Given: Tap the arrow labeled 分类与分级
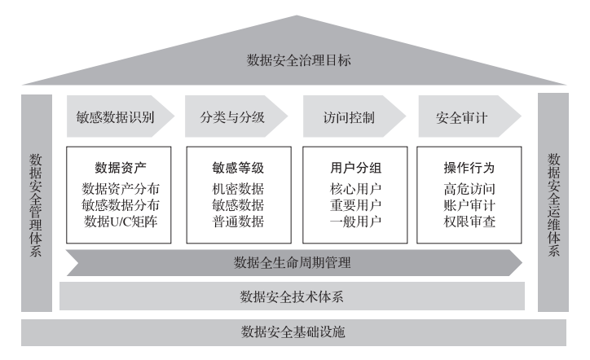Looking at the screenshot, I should click(x=231, y=117).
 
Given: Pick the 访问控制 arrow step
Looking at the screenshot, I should click(x=348, y=117).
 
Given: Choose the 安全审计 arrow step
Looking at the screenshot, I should click(x=462, y=117).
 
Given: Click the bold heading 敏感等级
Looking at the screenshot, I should click(x=237, y=169).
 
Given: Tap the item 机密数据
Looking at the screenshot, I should click(x=237, y=188).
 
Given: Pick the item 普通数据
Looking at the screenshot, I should click(x=237, y=221).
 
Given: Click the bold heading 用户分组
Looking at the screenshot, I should click(x=354, y=169).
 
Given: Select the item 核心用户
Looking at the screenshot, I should click(x=354, y=188).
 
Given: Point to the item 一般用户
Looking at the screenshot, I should click(x=354, y=221).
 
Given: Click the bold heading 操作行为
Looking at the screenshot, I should click(x=469, y=169).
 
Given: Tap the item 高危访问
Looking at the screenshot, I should click(x=469, y=188).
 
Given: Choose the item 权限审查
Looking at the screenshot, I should click(x=469, y=221).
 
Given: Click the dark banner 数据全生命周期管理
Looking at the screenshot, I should click(x=293, y=262).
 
